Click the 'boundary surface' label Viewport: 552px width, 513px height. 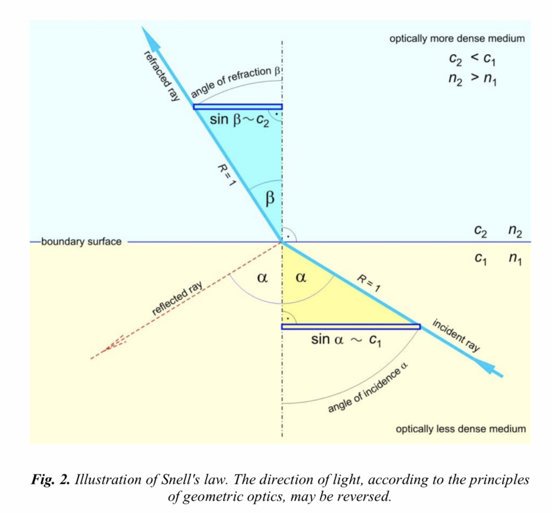coord(81,242)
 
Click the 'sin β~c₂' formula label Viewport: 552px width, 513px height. coord(240,120)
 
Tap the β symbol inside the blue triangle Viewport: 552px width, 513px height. coord(269,198)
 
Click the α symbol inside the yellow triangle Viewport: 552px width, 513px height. coord(301,277)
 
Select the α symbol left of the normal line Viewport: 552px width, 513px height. coord(262,277)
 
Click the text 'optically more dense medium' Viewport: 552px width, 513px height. coord(457,39)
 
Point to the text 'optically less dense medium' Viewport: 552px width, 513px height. coord(461,429)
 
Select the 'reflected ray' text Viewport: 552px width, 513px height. coord(177,298)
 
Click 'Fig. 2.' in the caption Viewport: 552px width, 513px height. coord(50,480)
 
